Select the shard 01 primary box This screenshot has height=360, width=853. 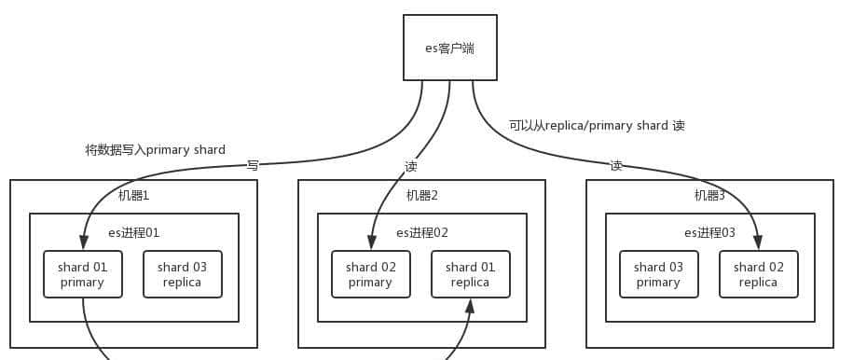83,274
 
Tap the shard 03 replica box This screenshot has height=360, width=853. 182,274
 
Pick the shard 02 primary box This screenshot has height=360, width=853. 370,274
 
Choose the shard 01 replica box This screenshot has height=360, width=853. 470,274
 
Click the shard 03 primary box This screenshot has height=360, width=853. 658,274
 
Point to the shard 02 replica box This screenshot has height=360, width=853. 759,274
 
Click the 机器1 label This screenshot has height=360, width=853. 133,196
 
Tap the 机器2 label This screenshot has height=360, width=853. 421,196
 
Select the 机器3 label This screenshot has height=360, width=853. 709,196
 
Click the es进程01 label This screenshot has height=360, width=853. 134,232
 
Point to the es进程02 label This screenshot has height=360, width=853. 422,232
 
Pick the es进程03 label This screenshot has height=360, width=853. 709,232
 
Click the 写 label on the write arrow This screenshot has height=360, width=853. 253,166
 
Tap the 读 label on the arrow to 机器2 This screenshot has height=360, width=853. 411,167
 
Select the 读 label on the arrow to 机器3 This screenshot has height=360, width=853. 616,166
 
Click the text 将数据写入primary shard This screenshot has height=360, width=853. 155,149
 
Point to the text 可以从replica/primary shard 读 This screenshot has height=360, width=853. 597,125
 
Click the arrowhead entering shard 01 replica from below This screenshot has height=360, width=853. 470,305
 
